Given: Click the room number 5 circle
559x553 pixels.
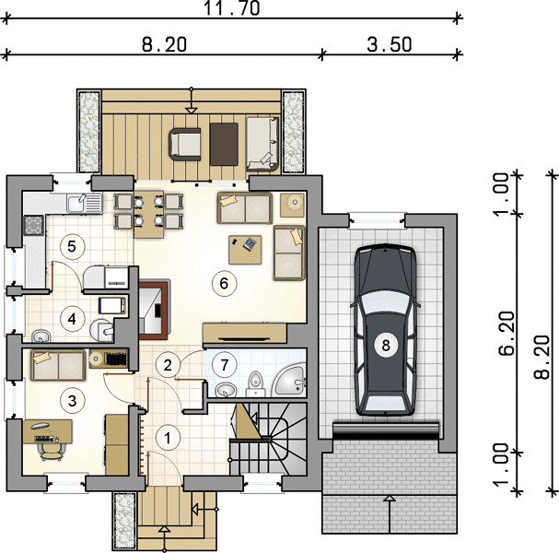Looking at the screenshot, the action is click(72, 246).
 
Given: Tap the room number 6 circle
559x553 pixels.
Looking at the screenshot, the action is click(224, 283).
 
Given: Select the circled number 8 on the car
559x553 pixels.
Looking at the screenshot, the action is click(386, 345).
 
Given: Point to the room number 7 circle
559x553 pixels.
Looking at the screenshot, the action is click(224, 365).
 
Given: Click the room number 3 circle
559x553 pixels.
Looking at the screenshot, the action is click(72, 401).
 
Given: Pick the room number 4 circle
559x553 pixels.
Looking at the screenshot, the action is click(72, 319).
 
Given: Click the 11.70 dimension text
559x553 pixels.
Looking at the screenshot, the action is click(232, 8).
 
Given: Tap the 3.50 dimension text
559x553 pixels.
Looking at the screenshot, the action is click(390, 44).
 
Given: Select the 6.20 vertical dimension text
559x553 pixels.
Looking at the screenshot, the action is click(507, 334).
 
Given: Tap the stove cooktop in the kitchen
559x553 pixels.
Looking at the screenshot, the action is click(34, 226).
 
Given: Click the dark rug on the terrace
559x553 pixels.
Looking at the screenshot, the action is click(224, 144).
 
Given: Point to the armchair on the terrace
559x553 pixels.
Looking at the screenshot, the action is click(185, 144).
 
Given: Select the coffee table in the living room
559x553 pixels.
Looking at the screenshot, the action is click(245, 250).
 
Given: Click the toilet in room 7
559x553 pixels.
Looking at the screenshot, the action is click(255, 383).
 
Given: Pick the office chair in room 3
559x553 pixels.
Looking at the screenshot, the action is click(51, 451).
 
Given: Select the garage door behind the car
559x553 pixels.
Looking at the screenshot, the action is click(386, 430).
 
